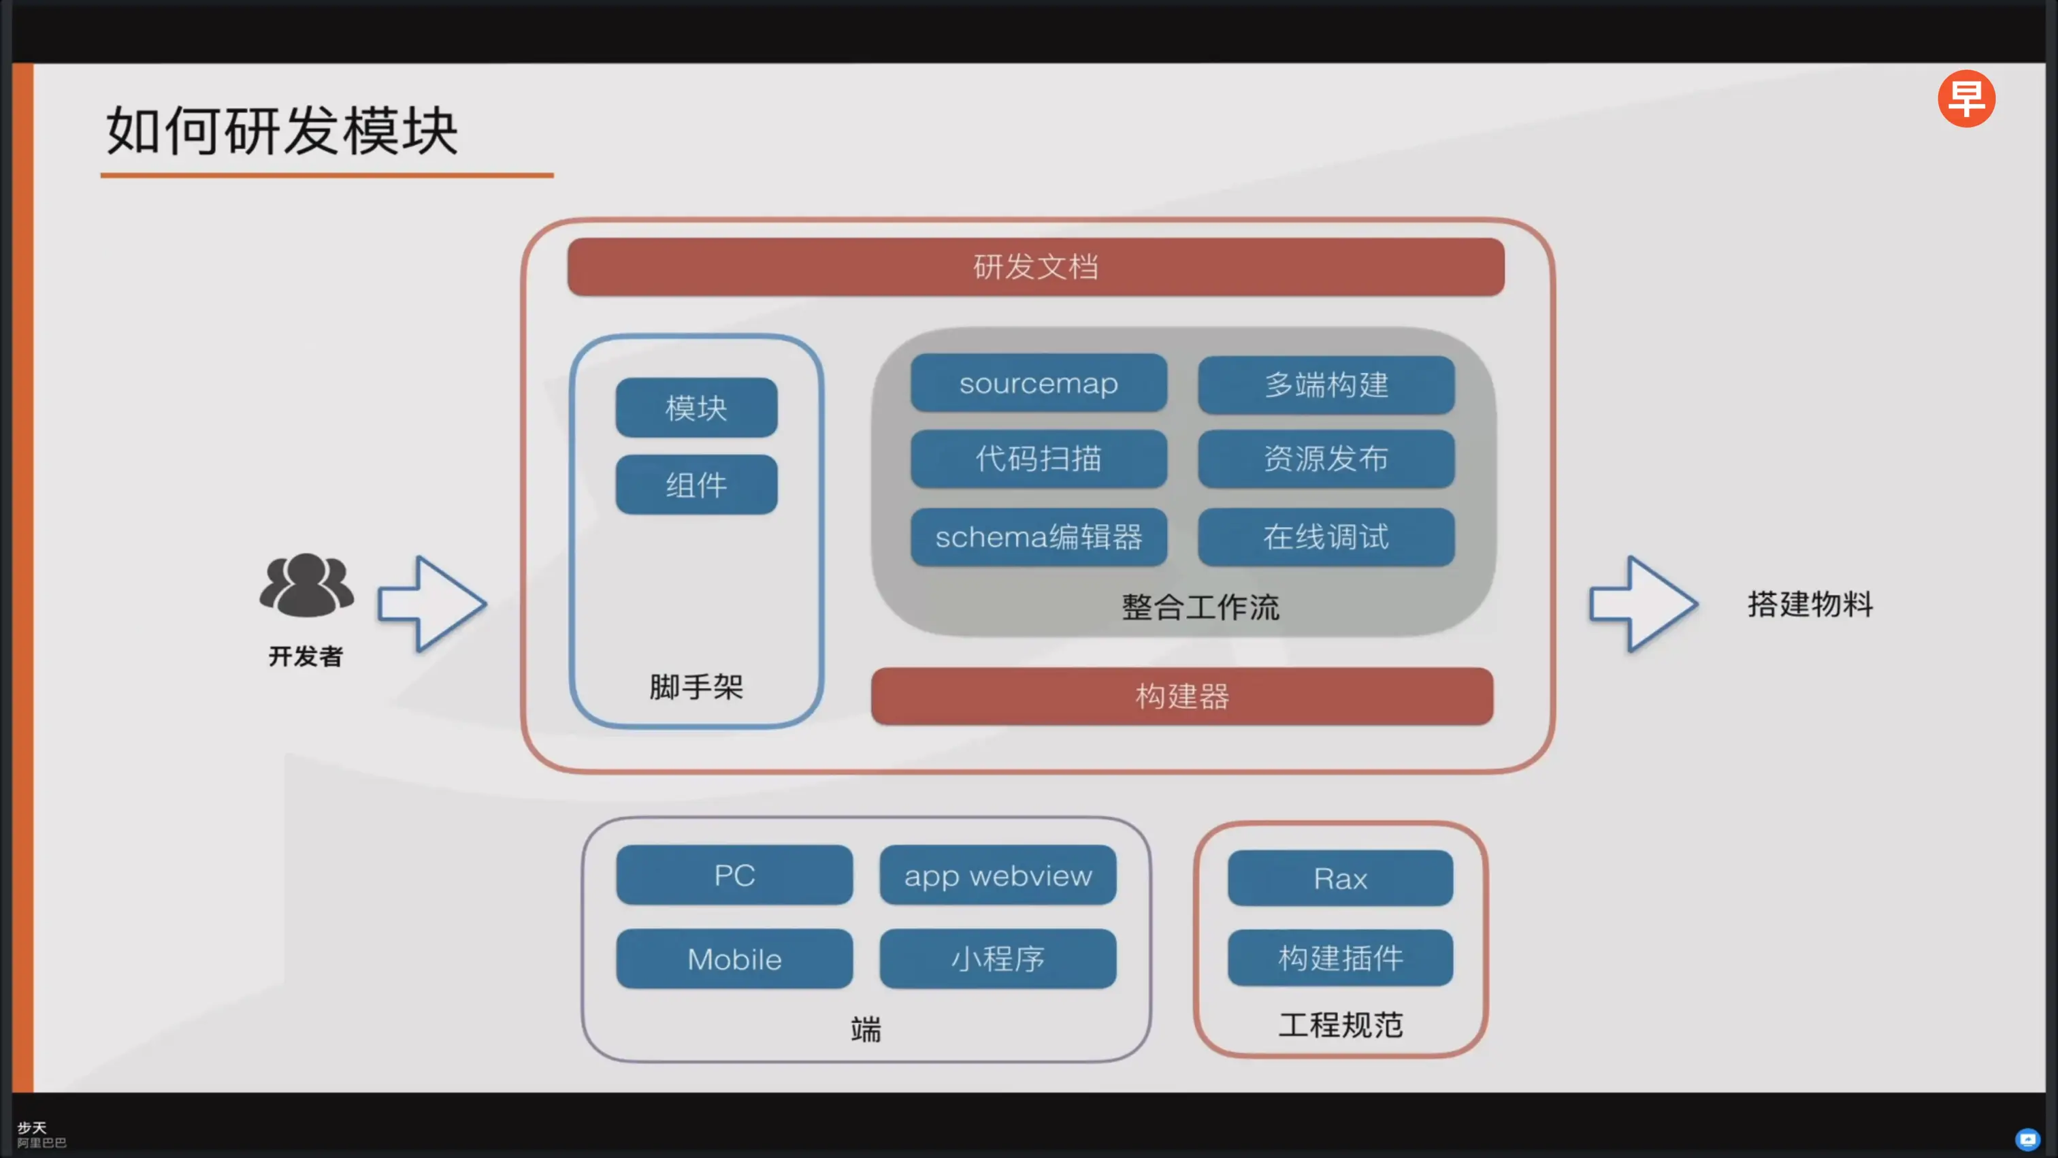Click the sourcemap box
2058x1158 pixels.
(1039, 383)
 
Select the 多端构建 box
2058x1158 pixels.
(1326, 385)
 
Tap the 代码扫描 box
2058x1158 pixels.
(1039, 459)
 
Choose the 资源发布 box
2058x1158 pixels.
(1326, 459)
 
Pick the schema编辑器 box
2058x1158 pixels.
(1039, 537)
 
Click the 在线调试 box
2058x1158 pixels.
(1326, 537)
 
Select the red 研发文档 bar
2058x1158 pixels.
(1035, 267)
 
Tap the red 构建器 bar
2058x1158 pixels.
(1181, 696)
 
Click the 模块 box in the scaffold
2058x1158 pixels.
(696, 408)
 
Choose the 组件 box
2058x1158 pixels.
(696, 484)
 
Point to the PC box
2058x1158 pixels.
(734, 875)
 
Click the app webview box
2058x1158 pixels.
(998, 875)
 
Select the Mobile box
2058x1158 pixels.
(734, 959)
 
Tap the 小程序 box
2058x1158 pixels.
(998, 959)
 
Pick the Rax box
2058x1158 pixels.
(1340, 878)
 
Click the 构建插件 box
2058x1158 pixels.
(1340, 957)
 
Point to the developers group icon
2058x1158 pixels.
(307, 585)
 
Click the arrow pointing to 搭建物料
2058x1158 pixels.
(1643, 604)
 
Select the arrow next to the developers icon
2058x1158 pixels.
(431, 604)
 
